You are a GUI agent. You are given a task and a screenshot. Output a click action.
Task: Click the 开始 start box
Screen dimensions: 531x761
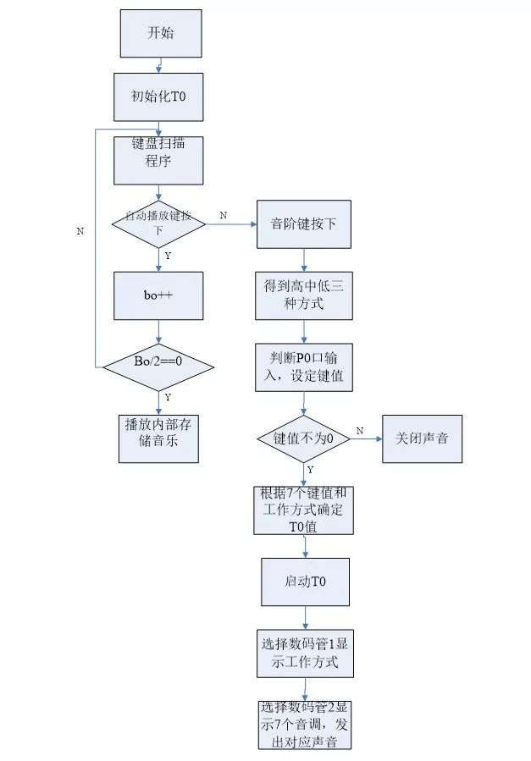(x=161, y=34)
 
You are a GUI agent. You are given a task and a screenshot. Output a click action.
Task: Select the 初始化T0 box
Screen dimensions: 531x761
(x=158, y=97)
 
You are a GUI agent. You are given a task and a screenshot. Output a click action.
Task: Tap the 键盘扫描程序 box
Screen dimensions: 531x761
(x=158, y=160)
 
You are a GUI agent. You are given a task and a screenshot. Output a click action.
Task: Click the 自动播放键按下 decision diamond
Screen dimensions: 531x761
(x=158, y=223)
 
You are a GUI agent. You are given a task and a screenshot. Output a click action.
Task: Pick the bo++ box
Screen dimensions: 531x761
(x=158, y=295)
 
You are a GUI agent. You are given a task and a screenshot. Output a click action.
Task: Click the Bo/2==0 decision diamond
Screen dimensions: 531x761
(x=158, y=367)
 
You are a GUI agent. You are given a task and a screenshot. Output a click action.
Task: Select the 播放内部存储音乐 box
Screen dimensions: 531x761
(x=158, y=438)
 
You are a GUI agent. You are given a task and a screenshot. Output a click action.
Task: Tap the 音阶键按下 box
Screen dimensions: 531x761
(x=304, y=224)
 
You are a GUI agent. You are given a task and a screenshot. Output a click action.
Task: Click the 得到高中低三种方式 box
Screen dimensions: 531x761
(x=304, y=295)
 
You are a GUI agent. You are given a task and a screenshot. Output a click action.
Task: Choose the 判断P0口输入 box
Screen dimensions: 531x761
(x=304, y=367)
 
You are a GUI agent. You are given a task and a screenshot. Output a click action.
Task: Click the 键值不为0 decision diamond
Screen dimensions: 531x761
(x=304, y=438)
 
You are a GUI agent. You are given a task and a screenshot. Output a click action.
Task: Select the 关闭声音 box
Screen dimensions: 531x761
(x=423, y=438)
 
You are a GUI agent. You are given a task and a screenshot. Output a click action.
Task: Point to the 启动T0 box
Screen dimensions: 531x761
(x=305, y=582)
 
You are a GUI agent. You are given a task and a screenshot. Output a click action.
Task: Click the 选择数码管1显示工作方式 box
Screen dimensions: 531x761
(x=305, y=653)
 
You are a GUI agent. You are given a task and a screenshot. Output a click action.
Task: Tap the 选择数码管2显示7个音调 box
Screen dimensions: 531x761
(x=305, y=725)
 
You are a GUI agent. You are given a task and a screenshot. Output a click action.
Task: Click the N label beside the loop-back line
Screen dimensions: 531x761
(x=80, y=231)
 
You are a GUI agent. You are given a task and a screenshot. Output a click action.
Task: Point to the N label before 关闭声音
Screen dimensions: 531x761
(x=360, y=431)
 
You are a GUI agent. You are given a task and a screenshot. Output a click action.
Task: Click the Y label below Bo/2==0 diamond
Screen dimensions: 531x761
(x=168, y=398)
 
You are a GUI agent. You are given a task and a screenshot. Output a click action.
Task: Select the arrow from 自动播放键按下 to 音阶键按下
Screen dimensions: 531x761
(x=231, y=224)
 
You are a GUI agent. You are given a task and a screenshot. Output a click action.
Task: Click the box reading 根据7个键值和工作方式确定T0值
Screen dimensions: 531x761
(x=304, y=510)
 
